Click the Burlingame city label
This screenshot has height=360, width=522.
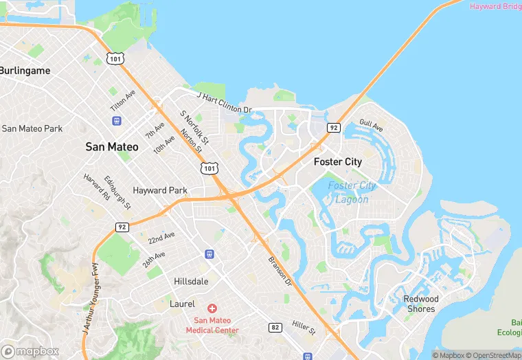25,70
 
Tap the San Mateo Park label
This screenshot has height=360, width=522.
32,128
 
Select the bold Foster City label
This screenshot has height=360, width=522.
337,162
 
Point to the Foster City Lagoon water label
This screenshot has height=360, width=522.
352,192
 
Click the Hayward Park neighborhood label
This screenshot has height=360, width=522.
160,190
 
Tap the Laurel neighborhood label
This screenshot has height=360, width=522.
183,303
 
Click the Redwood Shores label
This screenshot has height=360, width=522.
420,304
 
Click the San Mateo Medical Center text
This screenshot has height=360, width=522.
216,325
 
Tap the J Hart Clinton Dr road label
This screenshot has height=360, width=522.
225,102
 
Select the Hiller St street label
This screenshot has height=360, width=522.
303,327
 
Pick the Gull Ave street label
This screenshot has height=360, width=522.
371,125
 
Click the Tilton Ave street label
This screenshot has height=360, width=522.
123,102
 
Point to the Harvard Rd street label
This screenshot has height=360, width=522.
97,187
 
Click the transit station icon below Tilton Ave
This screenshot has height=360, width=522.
117,120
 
